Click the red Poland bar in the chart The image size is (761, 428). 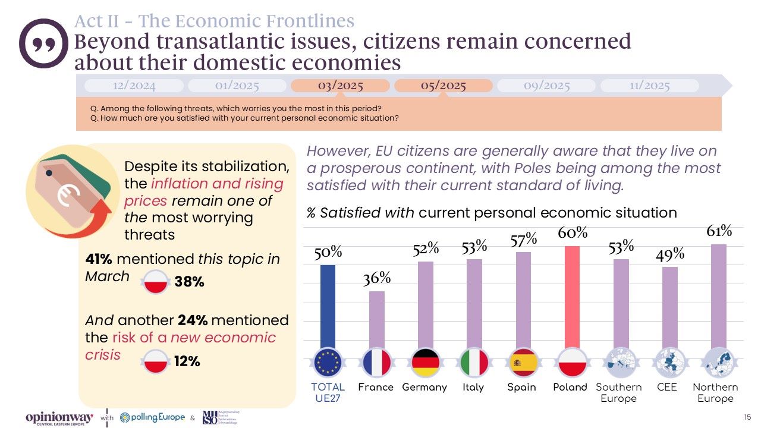tap(573, 297)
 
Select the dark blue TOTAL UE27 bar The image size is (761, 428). tap(327, 306)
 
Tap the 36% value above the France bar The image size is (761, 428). tap(377, 278)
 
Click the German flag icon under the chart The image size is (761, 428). tap(425, 362)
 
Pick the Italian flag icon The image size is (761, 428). tap(474, 362)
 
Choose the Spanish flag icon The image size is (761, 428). tap(524, 362)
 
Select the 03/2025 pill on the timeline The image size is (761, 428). tap(340, 86)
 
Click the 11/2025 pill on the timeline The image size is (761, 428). tap(649, 86)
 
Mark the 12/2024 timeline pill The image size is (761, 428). tap(134, 86)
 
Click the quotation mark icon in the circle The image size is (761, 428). tap(44, 43)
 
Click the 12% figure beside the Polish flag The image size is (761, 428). tap(187, 361)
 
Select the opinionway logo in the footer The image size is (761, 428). tap(59, 418)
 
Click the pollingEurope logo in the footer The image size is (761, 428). tap(153, 417)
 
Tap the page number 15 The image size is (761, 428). tap(747, 417)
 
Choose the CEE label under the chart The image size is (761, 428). tap(667, 387)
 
